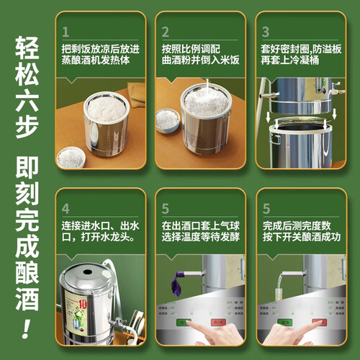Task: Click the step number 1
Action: [67, 32]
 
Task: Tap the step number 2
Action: [166, 32]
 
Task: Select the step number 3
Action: [265, 32]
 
